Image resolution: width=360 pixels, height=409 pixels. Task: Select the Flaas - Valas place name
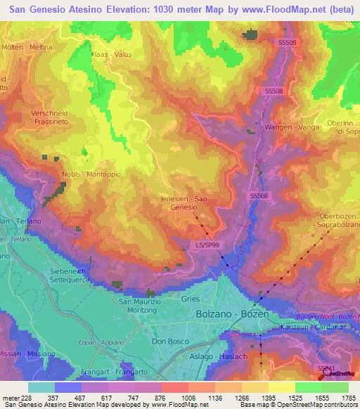pos(112,53)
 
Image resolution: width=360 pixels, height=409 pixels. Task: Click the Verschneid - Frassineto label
pos(49,117)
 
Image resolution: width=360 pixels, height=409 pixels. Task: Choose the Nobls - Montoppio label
pos(91,174)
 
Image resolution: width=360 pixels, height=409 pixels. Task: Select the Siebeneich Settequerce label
pos(72,274)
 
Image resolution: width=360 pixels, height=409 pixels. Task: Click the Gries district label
pos(189,299)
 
